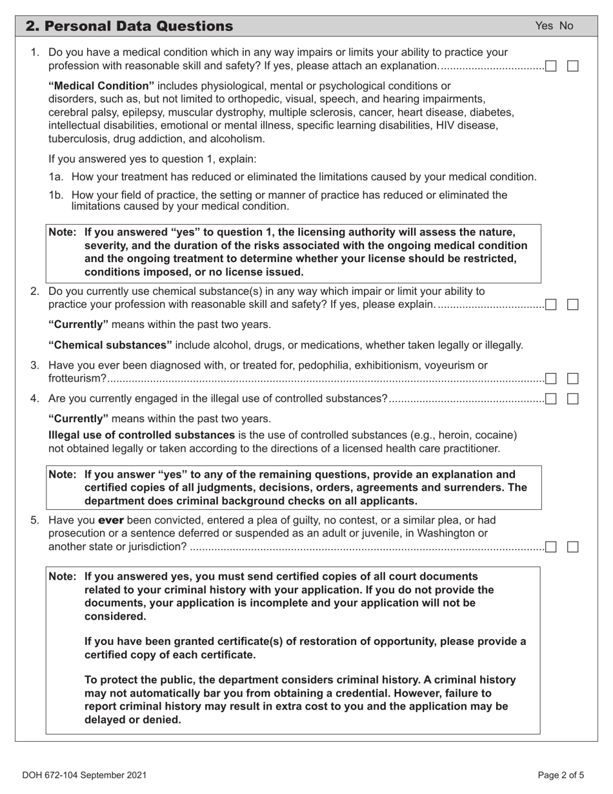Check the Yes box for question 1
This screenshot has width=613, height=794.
[551, 66]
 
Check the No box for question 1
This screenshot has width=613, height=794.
[572, 66]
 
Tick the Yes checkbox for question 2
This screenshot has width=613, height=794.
[551, 305]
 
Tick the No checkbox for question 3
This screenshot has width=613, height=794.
[572, 378]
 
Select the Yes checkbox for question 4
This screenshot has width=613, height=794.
[551, 399]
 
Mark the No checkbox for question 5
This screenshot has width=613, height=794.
[572, 547]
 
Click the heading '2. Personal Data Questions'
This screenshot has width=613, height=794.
[129, 26]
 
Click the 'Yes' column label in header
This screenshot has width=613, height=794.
[544, 26]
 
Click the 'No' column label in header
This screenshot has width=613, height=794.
[566, 26]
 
